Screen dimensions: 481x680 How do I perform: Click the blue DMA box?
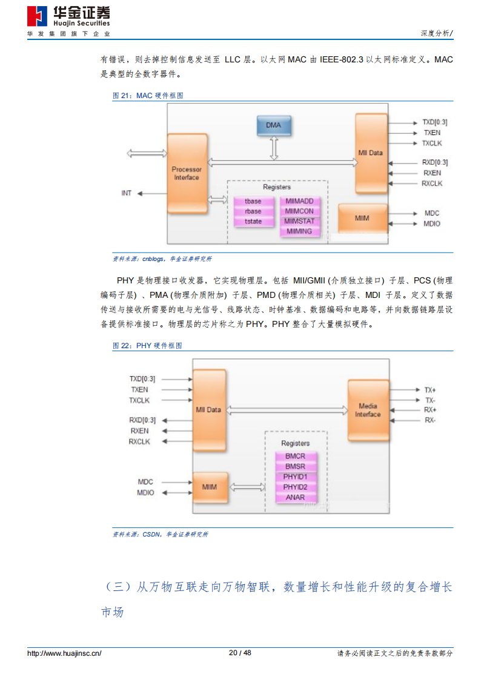(274, 125)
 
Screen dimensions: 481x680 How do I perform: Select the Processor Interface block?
(187, 173)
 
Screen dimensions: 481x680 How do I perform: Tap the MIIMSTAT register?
(299, 221)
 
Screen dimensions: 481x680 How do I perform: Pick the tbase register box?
(253, 201)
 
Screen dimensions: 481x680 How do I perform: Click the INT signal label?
(126, 193)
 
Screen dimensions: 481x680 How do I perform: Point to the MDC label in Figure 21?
(432, 213)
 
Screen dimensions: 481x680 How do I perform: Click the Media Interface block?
(368, 411)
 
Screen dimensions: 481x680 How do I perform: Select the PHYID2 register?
(296, 487)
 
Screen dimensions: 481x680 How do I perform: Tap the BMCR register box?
(296, 456)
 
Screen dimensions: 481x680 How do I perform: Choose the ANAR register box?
(296, 497)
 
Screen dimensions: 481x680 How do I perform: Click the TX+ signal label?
(430, 390)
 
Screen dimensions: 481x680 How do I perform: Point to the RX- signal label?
(430, 420)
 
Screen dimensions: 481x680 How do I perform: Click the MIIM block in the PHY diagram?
(210, 487)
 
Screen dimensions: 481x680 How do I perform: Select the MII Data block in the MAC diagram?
(371, 153)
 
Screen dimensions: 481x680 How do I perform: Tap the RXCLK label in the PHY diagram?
(139, 441)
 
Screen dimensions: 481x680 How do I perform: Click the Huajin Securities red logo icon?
(38, 16)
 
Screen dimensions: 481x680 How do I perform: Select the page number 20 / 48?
(240, 653)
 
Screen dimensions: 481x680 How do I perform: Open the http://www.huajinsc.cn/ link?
(64, 653)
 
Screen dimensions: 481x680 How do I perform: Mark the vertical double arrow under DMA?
(274, 148)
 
